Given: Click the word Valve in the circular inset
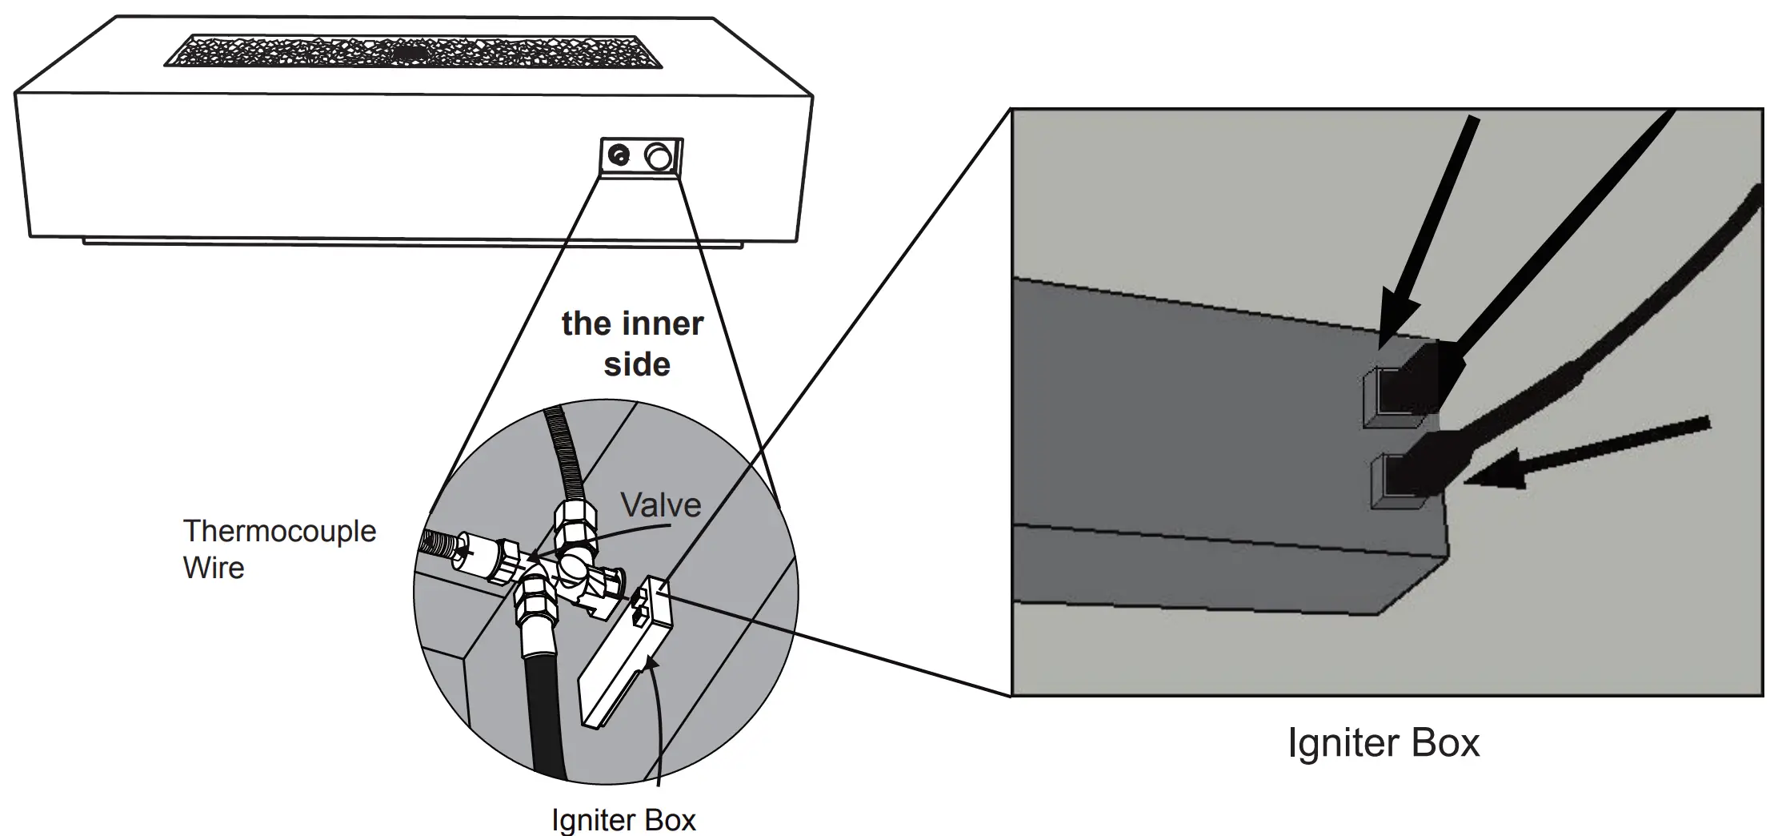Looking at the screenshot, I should [x=660, y=505].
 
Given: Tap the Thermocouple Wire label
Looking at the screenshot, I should [x=278, y=549].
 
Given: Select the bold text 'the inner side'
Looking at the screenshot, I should [x=633, y=344].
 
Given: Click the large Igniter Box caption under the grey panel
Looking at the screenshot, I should [x=1384, y=742].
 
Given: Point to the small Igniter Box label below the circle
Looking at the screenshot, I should [x=623, y=820].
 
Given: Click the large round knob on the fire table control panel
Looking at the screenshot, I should [x=659, y=157].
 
